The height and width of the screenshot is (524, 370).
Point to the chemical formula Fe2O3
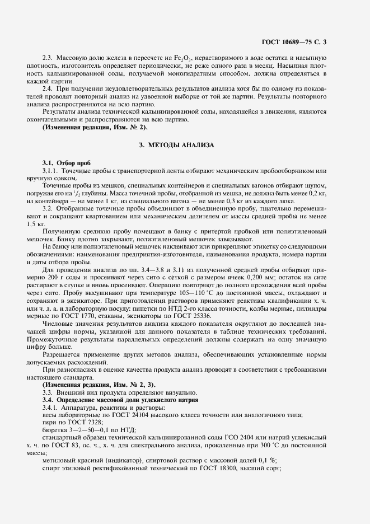point(179,58)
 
